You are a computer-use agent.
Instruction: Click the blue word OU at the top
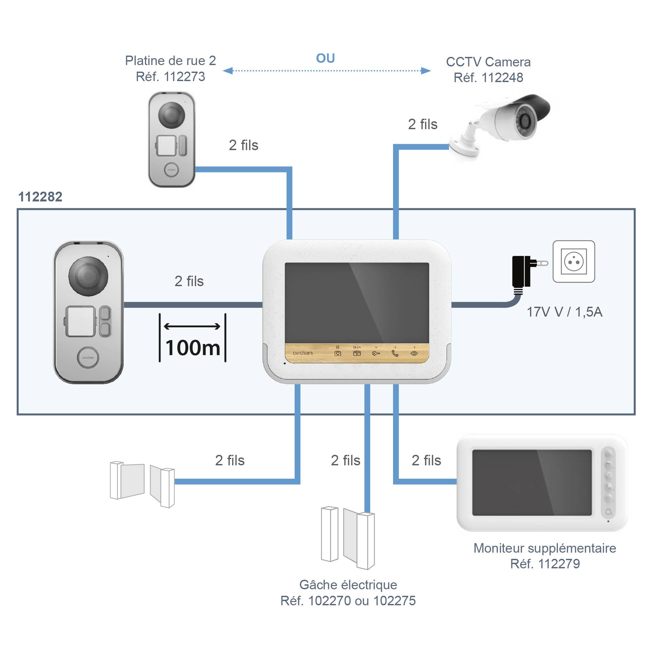pyautogui.click(x=325, y=58)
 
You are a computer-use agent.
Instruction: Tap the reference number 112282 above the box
pyautogui.click(x=40, y=197)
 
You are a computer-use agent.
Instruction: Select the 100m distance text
pyautogui.click(x=193, y=348)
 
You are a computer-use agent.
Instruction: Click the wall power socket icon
pyautogui.click(x=574, y=262)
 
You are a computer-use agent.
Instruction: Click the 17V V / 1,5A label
pyautogui.click(x=564, y=312)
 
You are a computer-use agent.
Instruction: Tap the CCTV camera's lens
pyautogui.click(x=525, y=121)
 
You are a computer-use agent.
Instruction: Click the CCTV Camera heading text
pyautogui.click(x=488, y=62)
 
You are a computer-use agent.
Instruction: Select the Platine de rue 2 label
pyautogui.click(x=170, y=61)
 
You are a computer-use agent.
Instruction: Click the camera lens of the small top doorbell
pyautogui.click(x=172, y=114)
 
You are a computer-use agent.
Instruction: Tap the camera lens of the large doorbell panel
pyautogui.click(x=88, y=276)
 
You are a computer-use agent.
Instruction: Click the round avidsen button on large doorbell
pyautogui.click(x=88, y=357)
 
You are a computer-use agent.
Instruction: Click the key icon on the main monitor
pyautogui.click(x=376, y=353)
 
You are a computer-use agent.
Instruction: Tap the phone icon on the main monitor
pyautogui.click(x=395, y=353)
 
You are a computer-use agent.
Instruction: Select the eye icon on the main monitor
pyautogui.click(x=414, y=353)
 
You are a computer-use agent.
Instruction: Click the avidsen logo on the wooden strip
pyautogui.click(x=302, y=353)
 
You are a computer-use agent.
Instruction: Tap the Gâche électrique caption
pyautogui.click(x=348, y=585)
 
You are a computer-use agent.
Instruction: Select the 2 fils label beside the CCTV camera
pyautogui.click(x=422, y=124)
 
